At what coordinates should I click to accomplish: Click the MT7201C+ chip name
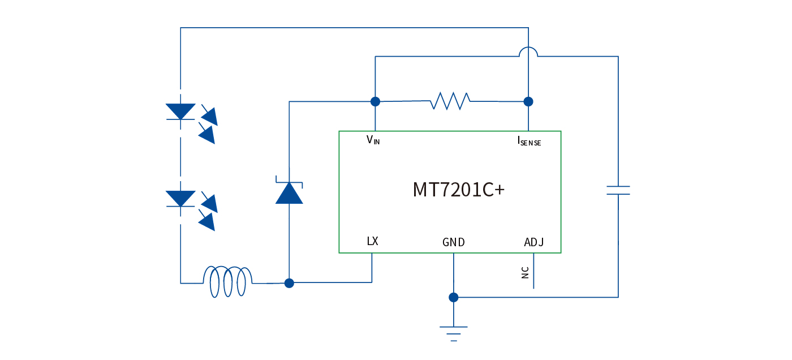[x=458, y=190]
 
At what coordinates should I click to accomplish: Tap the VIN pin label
[x=373, y=140]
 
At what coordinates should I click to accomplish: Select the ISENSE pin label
[x=529, y=141]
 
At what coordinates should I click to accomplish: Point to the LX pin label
[x=372, y=241]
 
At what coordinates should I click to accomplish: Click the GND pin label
[x=454, y=242]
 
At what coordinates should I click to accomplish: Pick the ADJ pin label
[x=534, y=242]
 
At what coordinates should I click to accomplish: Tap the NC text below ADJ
[x=526, y=273]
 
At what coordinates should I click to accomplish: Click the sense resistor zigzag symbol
[x=450, y=101]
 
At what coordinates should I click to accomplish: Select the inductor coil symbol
[x=228, y=281]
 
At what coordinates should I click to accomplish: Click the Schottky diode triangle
[x=289, y=193]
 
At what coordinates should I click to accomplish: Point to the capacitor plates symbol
[x=618, y=190]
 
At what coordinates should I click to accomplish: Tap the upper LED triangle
[x=180, y=111]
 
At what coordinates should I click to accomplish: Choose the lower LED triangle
[x=180, y=198]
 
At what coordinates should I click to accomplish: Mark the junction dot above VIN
[x=375, y=101]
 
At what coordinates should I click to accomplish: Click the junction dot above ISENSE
[x=528, y=101]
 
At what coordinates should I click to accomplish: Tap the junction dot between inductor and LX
[x=289, y=282]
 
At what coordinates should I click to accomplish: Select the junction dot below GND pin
[x=454, y=297]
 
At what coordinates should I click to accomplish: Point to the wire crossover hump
[x=528, y=51]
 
